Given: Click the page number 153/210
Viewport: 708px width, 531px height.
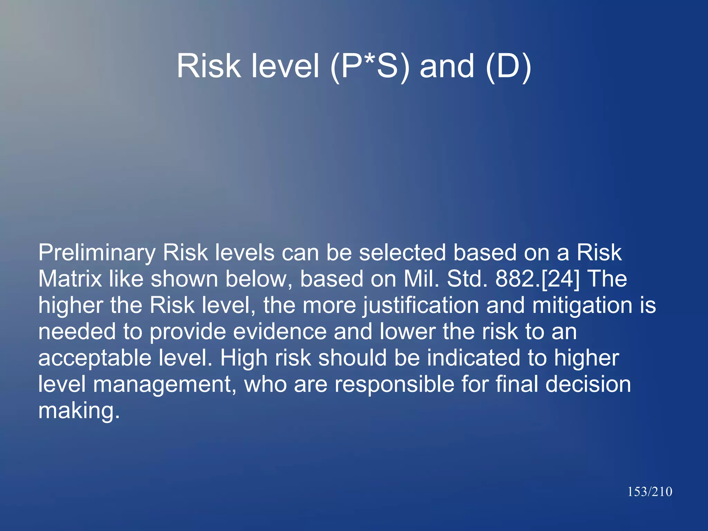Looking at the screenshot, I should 650,492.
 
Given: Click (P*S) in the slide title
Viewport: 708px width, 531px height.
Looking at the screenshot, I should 370,66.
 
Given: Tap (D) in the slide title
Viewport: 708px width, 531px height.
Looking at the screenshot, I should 508,66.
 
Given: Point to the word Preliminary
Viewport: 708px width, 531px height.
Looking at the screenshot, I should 97,253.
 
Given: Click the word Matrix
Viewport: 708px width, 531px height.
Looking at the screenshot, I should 70,279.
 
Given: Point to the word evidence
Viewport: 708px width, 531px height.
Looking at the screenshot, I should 280,332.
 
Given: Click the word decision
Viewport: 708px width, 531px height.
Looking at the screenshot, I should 588,384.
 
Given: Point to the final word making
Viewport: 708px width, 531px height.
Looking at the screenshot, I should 79,411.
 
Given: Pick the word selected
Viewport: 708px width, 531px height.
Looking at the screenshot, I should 402,252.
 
